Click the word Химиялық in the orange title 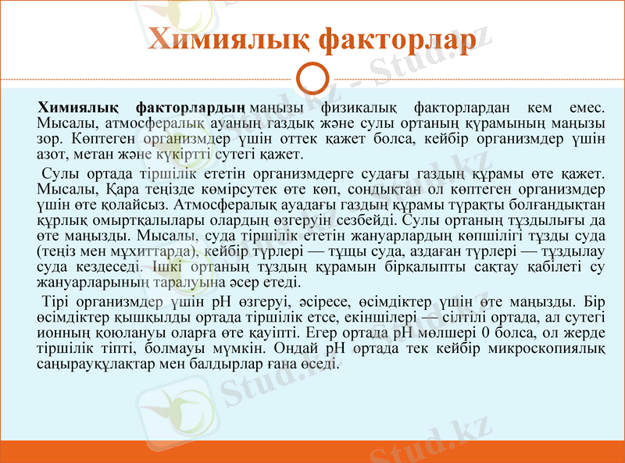[x=227, y=40]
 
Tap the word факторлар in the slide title [x=397, y=40]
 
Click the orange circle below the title [x=313, y=79]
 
